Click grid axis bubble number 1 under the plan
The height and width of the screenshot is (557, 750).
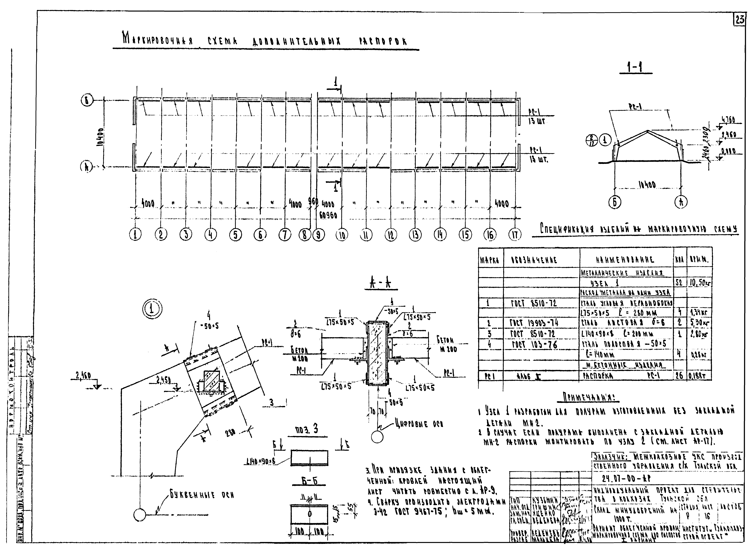pos(135,234)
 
